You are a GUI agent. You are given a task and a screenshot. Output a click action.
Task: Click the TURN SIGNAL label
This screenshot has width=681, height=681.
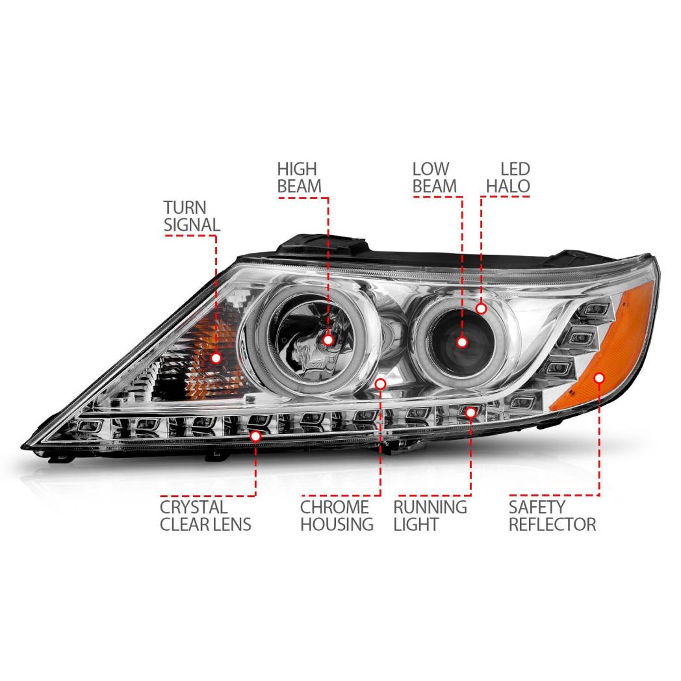[192, 216]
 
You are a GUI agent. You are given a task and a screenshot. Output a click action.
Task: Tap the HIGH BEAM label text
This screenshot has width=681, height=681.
[300, 177]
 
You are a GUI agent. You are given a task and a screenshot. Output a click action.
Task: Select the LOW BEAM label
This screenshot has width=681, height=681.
[434, 177]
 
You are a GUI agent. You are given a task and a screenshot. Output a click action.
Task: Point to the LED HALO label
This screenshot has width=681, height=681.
[508, 177]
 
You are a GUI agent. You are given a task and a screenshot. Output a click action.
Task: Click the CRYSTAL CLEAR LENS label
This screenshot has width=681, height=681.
[205, 515]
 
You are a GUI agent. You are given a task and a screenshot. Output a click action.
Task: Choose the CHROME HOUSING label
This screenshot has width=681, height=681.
[337, 515]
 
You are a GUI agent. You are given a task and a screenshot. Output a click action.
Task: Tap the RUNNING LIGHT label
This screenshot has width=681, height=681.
[430, 515]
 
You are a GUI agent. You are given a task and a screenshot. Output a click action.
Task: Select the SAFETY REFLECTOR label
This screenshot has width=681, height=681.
[552, 515]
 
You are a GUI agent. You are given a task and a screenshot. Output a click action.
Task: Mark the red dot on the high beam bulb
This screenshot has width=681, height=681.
[328, 339]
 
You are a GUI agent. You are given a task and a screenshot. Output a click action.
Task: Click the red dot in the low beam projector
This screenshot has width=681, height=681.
[462, 342]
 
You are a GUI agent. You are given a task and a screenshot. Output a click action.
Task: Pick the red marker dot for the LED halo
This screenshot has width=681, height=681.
[481, 309]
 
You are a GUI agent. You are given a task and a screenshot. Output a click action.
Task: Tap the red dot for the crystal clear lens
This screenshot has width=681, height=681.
[255, 436]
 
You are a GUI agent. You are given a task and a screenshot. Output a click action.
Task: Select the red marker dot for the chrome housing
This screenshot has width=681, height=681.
[381, 384]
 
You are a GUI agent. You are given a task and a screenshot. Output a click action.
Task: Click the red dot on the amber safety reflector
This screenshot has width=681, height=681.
[599, 378]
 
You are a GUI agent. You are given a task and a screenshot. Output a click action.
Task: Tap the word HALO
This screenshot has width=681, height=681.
[508, 186]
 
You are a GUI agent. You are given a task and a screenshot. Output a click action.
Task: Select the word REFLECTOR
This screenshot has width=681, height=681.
[552, 524]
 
